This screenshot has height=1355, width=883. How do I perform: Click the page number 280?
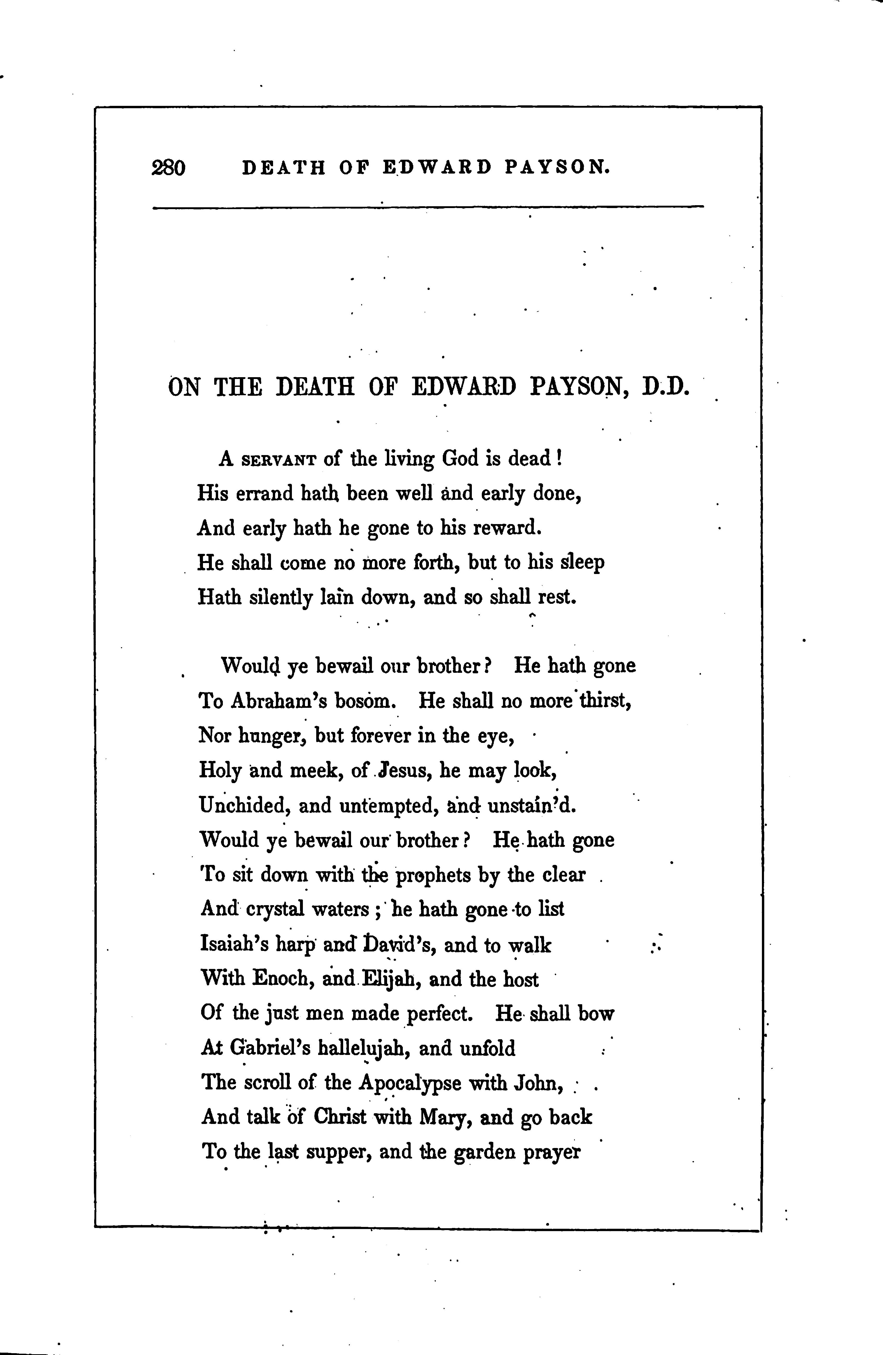(x=169, y=168)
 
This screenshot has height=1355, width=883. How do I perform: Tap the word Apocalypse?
(x=410, y=1083)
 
